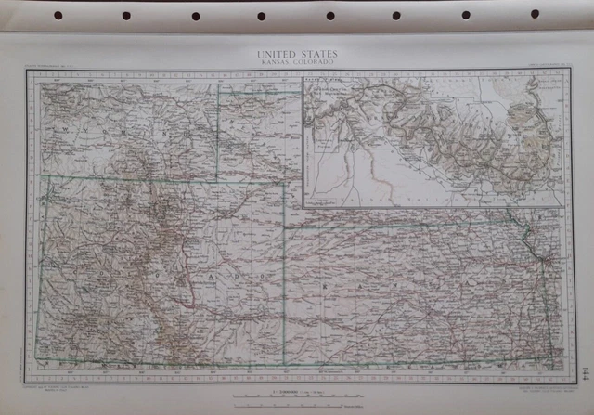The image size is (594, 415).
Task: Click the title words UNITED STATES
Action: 296,54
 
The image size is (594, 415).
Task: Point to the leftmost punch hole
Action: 58,16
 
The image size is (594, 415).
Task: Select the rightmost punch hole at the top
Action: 535,14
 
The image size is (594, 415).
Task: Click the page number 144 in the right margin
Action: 581,370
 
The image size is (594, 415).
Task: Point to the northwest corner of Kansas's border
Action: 285,226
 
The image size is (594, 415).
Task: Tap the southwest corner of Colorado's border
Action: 37,358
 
